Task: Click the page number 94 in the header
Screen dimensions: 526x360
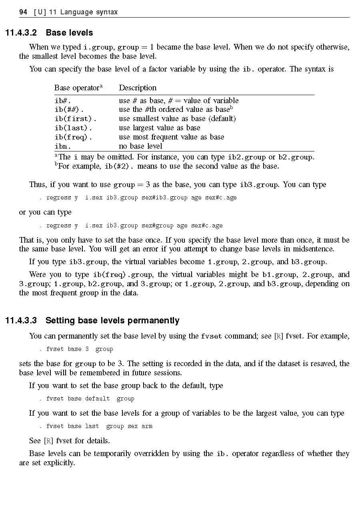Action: [x=23, y=12]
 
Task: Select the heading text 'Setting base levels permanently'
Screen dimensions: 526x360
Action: [x=112, y=321]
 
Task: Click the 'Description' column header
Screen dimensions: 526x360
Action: [x=138, y=88]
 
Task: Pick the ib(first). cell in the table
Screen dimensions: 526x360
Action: [x=75, y=119]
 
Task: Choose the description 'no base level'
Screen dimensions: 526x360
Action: [x=140, y=146]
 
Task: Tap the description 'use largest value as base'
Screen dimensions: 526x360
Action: [x=159, y=128]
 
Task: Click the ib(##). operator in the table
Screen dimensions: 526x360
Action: [x=69, y=110]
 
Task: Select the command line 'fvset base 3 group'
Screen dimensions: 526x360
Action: [x=79, y=349]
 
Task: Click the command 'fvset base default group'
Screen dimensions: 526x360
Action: [x=90, y=398]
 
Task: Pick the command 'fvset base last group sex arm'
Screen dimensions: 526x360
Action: [x=99, y=426]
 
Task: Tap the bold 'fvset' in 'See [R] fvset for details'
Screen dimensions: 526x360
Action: [x=64, y=441]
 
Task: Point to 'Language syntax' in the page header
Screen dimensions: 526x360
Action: [x=89, y=12]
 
